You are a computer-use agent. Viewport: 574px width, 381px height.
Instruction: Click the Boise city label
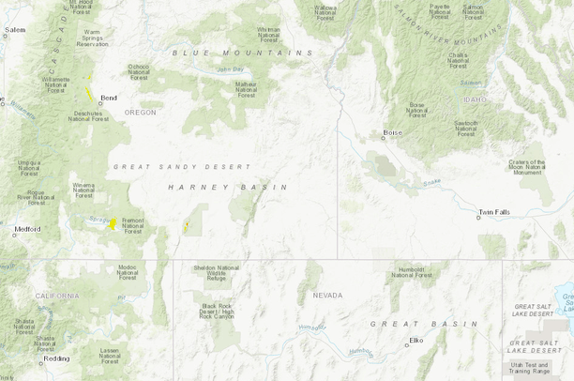(392, 133)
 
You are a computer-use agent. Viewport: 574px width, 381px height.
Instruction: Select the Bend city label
(109, 98)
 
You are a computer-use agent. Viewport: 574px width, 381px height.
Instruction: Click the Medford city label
(27, 229)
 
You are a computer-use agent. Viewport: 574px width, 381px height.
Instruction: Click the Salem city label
(15, 30)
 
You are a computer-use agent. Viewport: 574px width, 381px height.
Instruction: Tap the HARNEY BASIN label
(212, 188)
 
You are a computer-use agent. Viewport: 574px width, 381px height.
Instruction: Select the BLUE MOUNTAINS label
(242, 53)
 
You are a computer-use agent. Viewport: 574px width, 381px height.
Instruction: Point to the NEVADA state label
(327, 295)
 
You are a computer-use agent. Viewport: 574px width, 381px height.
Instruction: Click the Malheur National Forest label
(246, 89)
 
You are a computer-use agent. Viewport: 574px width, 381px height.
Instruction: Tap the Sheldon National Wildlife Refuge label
(217, 273)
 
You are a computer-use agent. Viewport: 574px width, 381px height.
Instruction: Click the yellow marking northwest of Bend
(88, 94)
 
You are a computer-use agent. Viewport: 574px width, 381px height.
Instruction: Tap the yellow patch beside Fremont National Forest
(113, 223)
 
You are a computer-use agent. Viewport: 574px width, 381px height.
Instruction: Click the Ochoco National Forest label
(140, 71)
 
